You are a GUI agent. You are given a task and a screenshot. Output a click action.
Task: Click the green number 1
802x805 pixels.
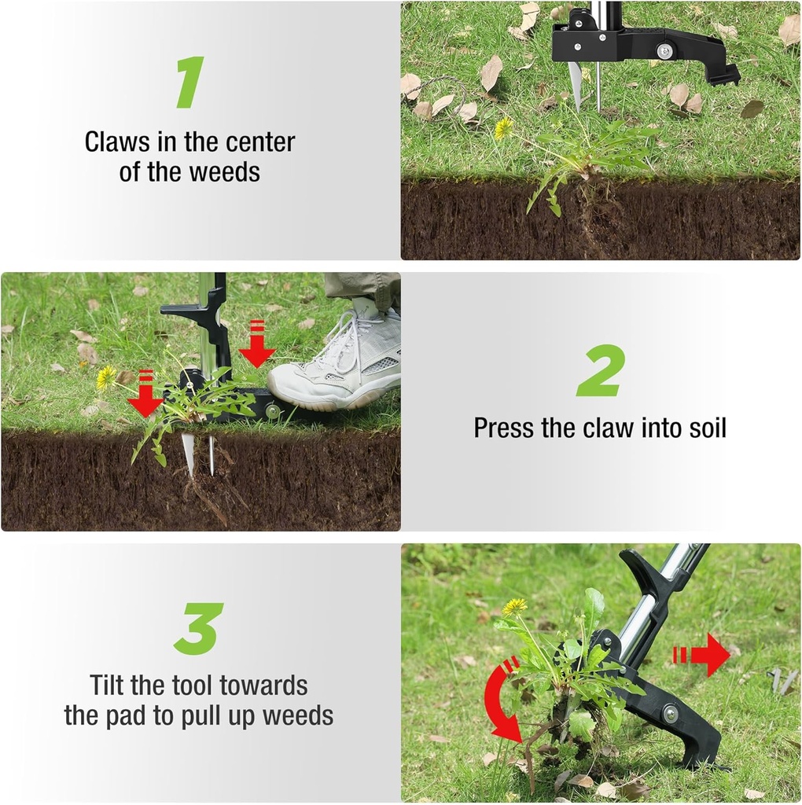[x=190, y=83]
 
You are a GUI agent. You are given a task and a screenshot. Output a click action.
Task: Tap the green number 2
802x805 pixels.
[x=601, y=370]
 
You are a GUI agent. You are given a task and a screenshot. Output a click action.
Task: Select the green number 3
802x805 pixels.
[x=199, y=629]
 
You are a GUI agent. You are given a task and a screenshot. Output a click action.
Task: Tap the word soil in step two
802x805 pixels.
[x=702, y=428]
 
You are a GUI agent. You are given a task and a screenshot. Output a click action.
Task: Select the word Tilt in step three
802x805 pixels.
[x=108, y=685]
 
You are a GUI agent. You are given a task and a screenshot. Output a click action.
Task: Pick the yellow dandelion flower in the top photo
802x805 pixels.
[x=503, y=128]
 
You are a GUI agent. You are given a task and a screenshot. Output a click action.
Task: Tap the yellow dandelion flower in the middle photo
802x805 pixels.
[x=106, y=377]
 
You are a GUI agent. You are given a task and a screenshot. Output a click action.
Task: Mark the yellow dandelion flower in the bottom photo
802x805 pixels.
[x=515, y=606]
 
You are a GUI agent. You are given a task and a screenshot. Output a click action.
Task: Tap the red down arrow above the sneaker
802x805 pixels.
[x=256, y=344]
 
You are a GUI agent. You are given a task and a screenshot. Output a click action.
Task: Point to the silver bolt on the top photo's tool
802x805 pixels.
[x=664, y=51]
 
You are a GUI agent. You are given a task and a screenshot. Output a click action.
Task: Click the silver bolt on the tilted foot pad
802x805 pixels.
[x=670, y=714]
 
